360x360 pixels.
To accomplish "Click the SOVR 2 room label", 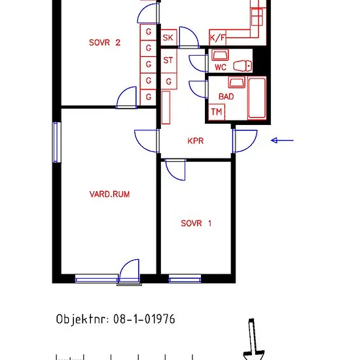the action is coord(105,43).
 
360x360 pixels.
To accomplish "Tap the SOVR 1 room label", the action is coord(196,223).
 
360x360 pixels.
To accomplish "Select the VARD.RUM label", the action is coord(109,194).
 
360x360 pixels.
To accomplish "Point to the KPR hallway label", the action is coord(196,141).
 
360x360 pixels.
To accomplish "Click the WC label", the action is coord(221,67).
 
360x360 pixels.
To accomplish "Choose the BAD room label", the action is coord(226,96).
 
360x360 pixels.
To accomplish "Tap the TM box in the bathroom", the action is coord(217,112).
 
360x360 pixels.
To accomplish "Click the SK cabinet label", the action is coord(168,38).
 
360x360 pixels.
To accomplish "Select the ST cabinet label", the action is coord(168,60).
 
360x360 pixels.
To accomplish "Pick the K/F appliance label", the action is coord(218,37).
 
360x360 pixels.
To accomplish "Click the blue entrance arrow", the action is coord(282,140).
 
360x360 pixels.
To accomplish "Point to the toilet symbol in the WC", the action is coord(242,66).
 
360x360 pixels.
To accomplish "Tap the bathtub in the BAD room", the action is coord(257,98).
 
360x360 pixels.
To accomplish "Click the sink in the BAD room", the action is coord(236,82).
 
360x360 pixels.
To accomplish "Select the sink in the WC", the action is coord(220,55).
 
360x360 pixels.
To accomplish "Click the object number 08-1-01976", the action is coord(144,319).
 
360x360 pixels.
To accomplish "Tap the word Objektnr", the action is coord(82,319).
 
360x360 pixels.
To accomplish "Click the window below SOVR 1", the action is coord(185,279).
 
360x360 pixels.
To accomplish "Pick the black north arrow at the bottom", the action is coord(253,339).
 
